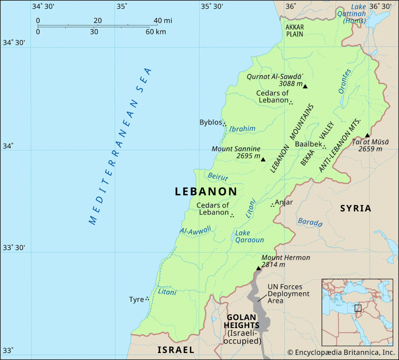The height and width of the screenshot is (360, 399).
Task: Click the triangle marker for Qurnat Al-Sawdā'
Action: (305, 86)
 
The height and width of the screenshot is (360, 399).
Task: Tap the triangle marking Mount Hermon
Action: (258, 268)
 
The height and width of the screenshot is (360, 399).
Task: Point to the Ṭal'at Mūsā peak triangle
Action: (367, 135)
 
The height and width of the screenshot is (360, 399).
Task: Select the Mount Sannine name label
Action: (236, 149)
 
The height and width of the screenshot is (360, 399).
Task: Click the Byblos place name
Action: (210, 122)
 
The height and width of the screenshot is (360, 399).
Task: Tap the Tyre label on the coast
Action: (136, 299)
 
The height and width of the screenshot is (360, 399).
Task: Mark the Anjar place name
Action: (284, 202)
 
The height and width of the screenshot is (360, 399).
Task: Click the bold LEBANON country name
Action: (206, 191)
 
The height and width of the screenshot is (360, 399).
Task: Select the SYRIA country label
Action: (355, 208)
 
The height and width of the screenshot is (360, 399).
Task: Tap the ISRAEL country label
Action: (176, 350)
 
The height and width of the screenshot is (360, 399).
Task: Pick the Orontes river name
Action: (344, 81)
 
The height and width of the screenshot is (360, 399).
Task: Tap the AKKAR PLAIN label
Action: (294, 31)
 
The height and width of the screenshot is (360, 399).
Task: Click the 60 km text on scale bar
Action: (156, 32)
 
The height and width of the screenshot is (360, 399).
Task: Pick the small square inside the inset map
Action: (358, 308)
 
